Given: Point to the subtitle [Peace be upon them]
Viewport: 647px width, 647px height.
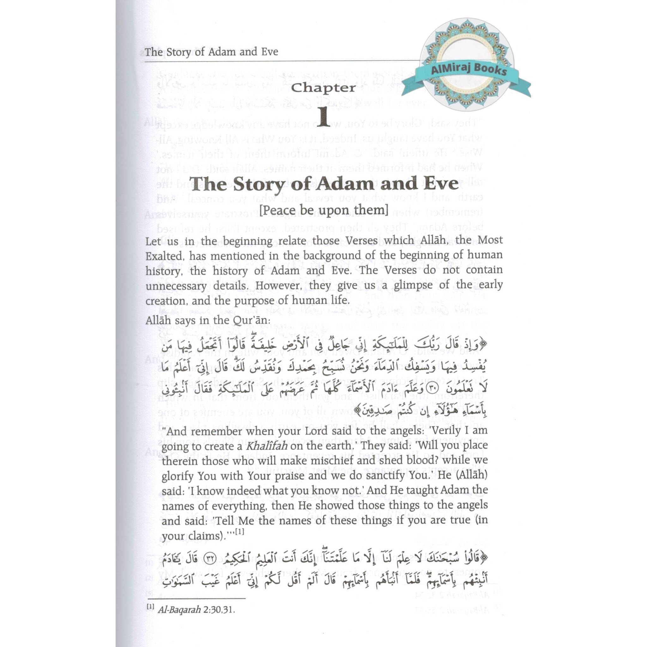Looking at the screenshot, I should pos(323,210).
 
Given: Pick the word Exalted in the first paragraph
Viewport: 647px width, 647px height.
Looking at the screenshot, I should pos(164,256).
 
